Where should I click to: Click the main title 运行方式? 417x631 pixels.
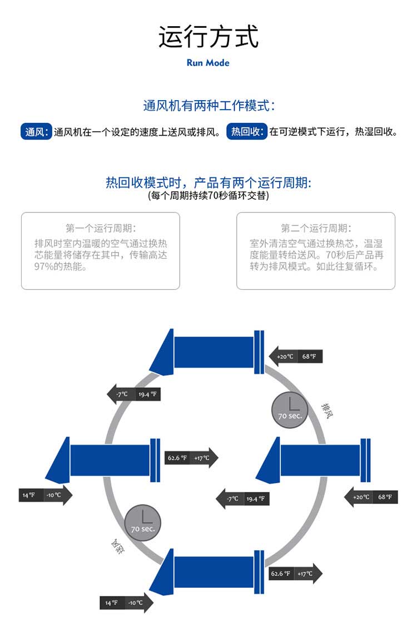tap(209, 37)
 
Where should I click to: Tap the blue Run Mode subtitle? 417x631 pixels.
tap(208, 63)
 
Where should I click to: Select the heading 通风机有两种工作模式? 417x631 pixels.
tap(209, 105)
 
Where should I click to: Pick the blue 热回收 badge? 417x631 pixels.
tap(247, 132)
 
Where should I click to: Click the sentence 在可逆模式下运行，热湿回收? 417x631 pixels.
tap(334, 132)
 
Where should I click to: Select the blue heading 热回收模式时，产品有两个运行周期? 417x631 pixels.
tap(209, 183)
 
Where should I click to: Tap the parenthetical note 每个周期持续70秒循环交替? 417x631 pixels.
tap(209, 196)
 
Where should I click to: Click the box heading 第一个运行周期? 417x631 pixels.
tap(101, 228)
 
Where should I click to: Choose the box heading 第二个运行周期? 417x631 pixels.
tap(316, 228)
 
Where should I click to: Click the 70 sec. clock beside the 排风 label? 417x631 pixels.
tap(290, 410)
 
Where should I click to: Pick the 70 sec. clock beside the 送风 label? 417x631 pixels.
tap(143, 523)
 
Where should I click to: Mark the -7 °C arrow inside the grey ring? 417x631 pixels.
tap(242, 499)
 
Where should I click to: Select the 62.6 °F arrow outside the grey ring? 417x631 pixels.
tap(295, 574)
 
